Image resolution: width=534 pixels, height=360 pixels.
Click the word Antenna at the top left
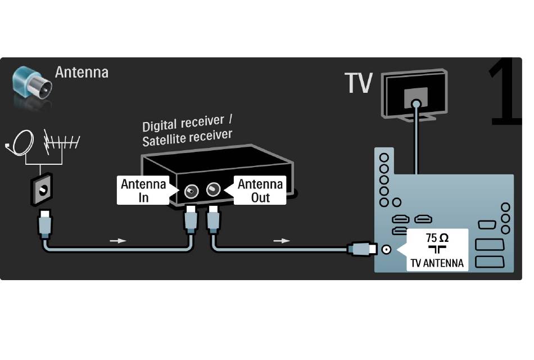pyautogui.click(x=82, y=72)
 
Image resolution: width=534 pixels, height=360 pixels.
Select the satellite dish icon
pyautogui.click(x=20, y=143)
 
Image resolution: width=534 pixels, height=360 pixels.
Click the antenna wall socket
pyautogui.click(x=42, y=190)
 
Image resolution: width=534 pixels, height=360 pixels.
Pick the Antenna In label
pyautogui.click(x=143, y=191)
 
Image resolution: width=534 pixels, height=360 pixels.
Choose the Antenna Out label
pyautogui.click(x=260, y=191)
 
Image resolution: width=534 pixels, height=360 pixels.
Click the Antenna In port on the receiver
pyautogui.click(x=191, y=191)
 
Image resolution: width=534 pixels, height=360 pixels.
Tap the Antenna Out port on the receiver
pyautogui.click(x=213, y=188)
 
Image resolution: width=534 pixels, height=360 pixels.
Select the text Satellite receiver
pyautogui.click(x=187, y=138)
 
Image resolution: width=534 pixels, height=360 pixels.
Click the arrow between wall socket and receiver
pyautogui.click(x=118, y=241)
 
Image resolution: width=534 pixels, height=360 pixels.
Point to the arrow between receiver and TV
pyautogui.click(x=282, y=241)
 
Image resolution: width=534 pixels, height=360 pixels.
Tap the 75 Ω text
pyautogui.click(x=437, y=237)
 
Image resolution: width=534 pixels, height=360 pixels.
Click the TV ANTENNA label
pyautogui.click(x=437, y=263)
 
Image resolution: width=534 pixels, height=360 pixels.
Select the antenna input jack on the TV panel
pyautogui.click(x=386, y=250)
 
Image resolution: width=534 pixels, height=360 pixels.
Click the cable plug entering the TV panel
pyautogui.click(x=362, y=249)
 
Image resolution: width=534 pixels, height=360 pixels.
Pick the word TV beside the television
pyautogui.click(x=359, y=83)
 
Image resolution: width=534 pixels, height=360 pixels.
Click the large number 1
pyautogui.click(x=505, y=92)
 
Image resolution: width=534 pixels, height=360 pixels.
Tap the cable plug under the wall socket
pyautogui.click(x=45, y=224)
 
